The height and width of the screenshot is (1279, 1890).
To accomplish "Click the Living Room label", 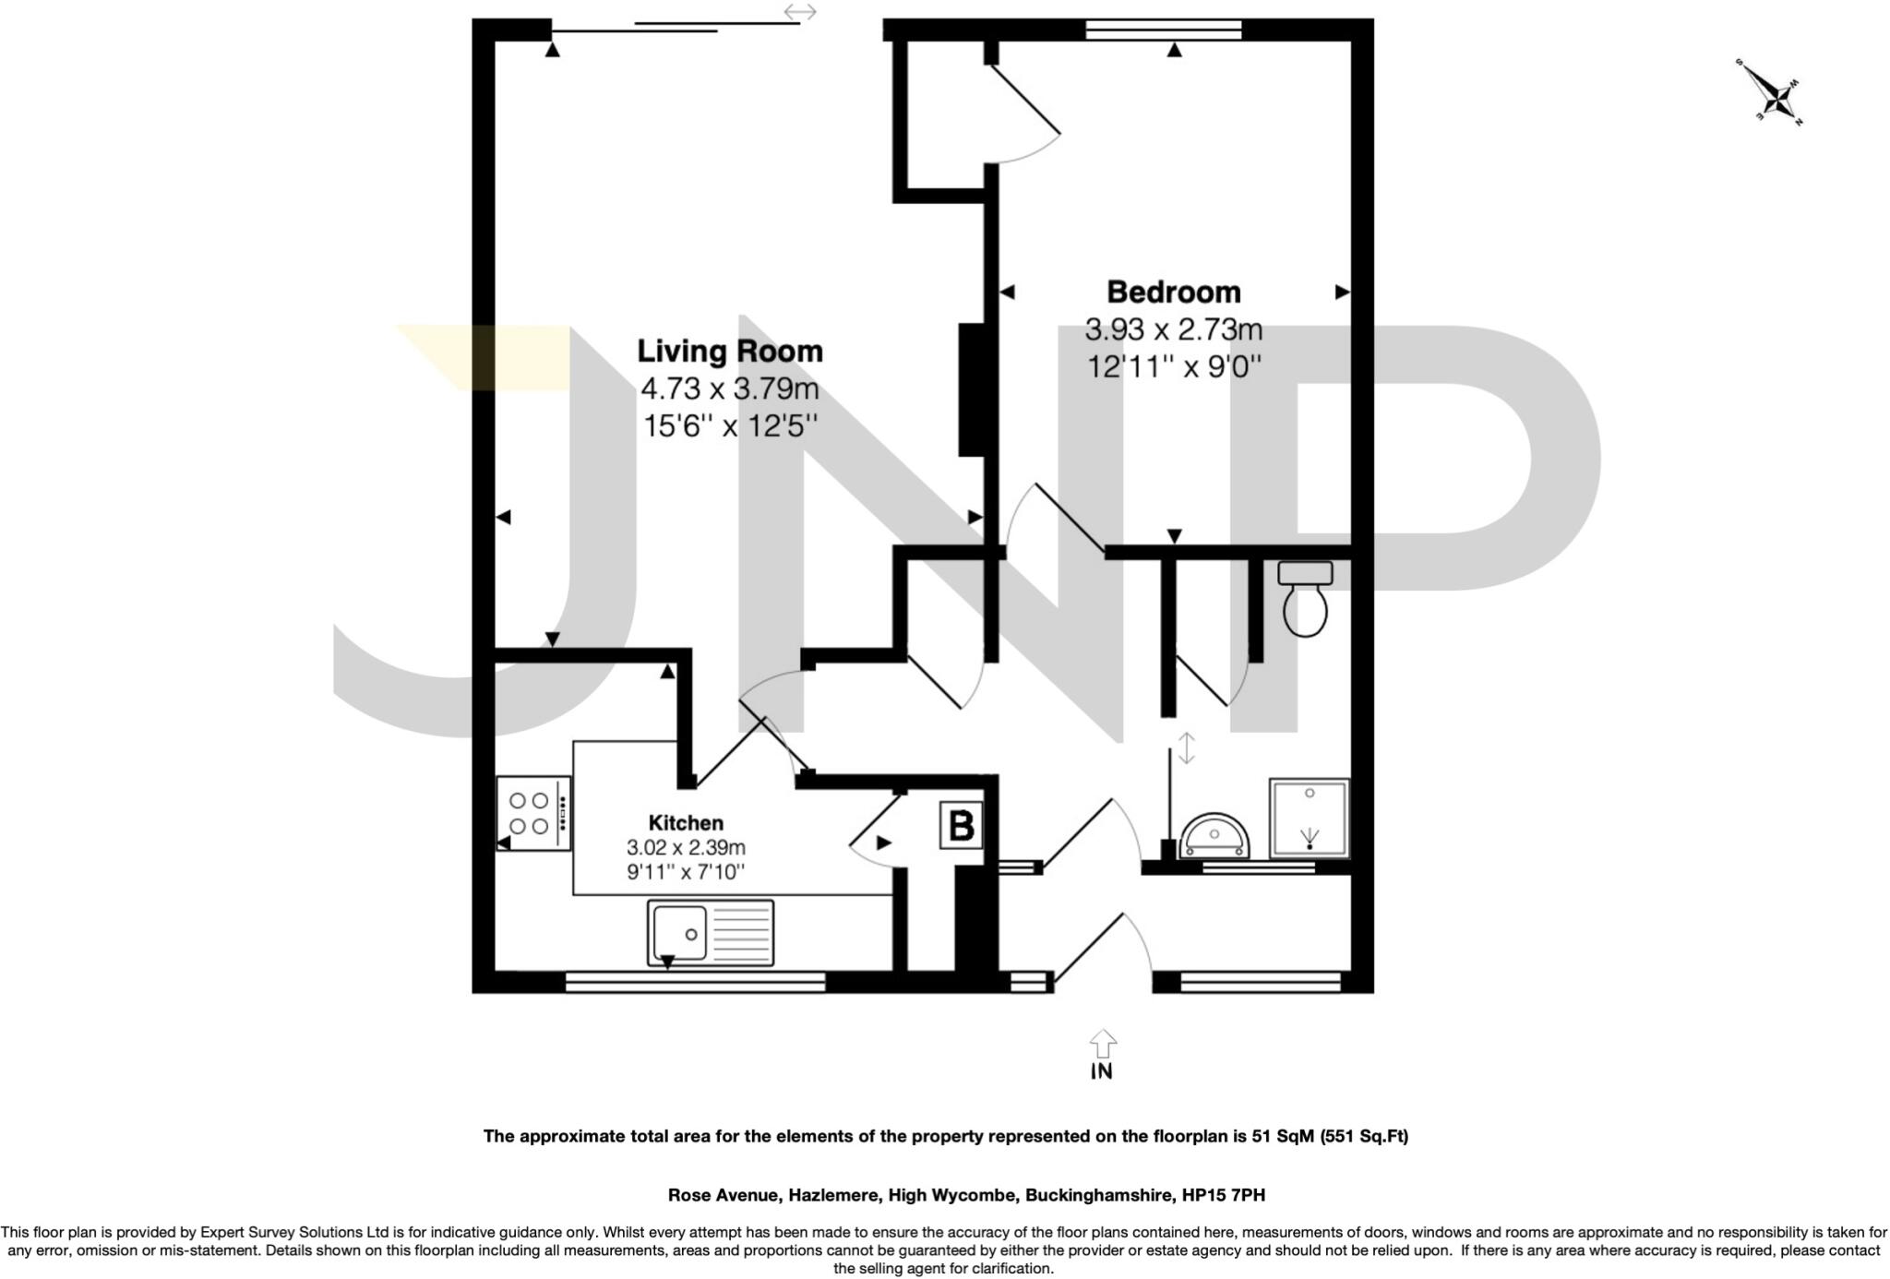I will pyautogui.click(x=729, y=352).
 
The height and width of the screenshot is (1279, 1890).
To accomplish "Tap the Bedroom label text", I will pyautogui.click(x=1173, y=293).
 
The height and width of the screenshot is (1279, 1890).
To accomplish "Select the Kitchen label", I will pyautogui.click(x=686, y=823).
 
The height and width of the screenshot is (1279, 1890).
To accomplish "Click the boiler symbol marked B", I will pyautogui.click(x=961, y=825).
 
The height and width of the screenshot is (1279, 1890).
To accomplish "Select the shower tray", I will pyautogui.click(x=1309, y=819).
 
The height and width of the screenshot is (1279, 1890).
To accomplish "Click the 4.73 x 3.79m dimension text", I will pyautogui.click(x=729, y=388).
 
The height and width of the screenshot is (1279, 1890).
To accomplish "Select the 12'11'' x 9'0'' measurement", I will pyautogui.click(x=1173, y=367).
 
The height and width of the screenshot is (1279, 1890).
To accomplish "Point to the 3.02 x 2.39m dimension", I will pyautogui.click(x=686, y=847).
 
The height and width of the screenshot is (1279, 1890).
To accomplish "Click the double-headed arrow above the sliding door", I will pyautogui.click(x=799, y=12).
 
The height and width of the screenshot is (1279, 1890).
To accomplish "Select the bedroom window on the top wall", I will pyautogui.click(x=1163, y=30).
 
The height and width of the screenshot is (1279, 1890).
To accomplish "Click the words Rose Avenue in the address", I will pyautogui.click(x=724, y=1195).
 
